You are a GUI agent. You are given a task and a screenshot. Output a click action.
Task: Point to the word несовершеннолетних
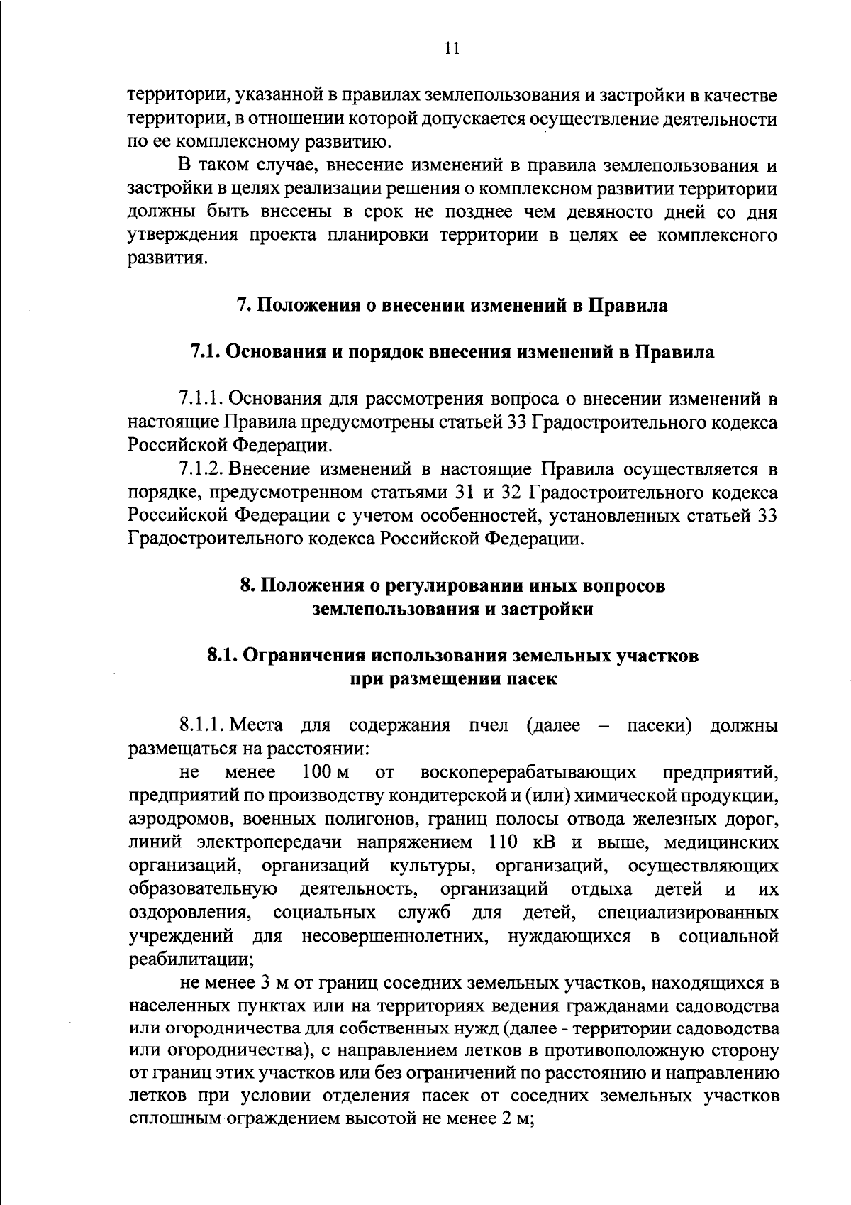pyautogui.click(x=395, y=936)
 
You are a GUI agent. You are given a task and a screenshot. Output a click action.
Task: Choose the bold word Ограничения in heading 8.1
pyautogui.click(x=294, y=656)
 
